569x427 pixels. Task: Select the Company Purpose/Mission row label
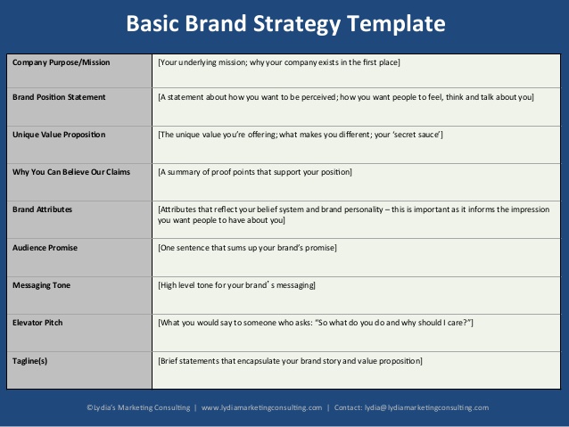pyautogui.click(x=61, y=62)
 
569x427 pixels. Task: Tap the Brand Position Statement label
pyautogui.click(x=59, y=97)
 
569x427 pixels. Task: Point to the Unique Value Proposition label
pyautogui.click(x=59, y=135)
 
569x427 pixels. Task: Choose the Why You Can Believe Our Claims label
pyautogui.click(x=71, y=172)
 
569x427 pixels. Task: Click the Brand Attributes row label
pyautogui.click(x=42, y=209)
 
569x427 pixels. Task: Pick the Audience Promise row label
pyautogui.click(x=45, y=248)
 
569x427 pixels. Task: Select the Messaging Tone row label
pyautogui.click(x=41, y=285)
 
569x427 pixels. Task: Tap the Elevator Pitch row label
pyautogui.click(x=37, y=323)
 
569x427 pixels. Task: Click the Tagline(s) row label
pyautogui.click(x=29, y=361)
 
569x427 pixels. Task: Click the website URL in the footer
pyautogui.click(x=261, y=407)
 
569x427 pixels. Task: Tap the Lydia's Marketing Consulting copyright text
pyautogui.click(x=138, y=407)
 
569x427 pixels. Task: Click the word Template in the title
pyautogui.click(x=396, y=24)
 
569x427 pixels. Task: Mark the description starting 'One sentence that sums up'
pyautogui.click(x=247, y=248)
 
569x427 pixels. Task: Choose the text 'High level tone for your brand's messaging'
pyautogui.click(x=236, y=285)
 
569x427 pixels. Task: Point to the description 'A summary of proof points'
pyautogui.click(x=255, y=172)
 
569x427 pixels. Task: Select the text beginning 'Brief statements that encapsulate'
pyautogui.click(x=290, y=361)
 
